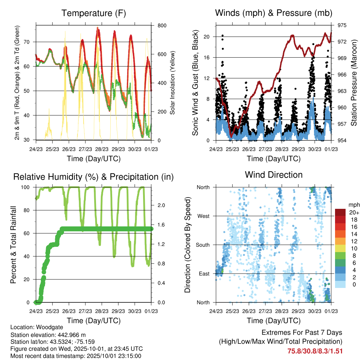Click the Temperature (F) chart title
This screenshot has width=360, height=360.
coord(94,13)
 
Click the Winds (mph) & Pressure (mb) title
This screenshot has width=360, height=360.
coord(274,13)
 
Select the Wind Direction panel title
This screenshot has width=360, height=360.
coord(274,175)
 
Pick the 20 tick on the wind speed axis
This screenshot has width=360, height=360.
coord(207,37)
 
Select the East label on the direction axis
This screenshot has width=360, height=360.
coord(203,274)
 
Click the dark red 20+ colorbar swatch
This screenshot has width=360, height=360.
coord(341,212)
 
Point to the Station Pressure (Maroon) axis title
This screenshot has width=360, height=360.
coord(354,83)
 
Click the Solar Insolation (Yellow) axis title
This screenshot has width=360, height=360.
coord(173,83)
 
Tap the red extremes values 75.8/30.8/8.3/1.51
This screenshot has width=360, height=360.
coord(315,351)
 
